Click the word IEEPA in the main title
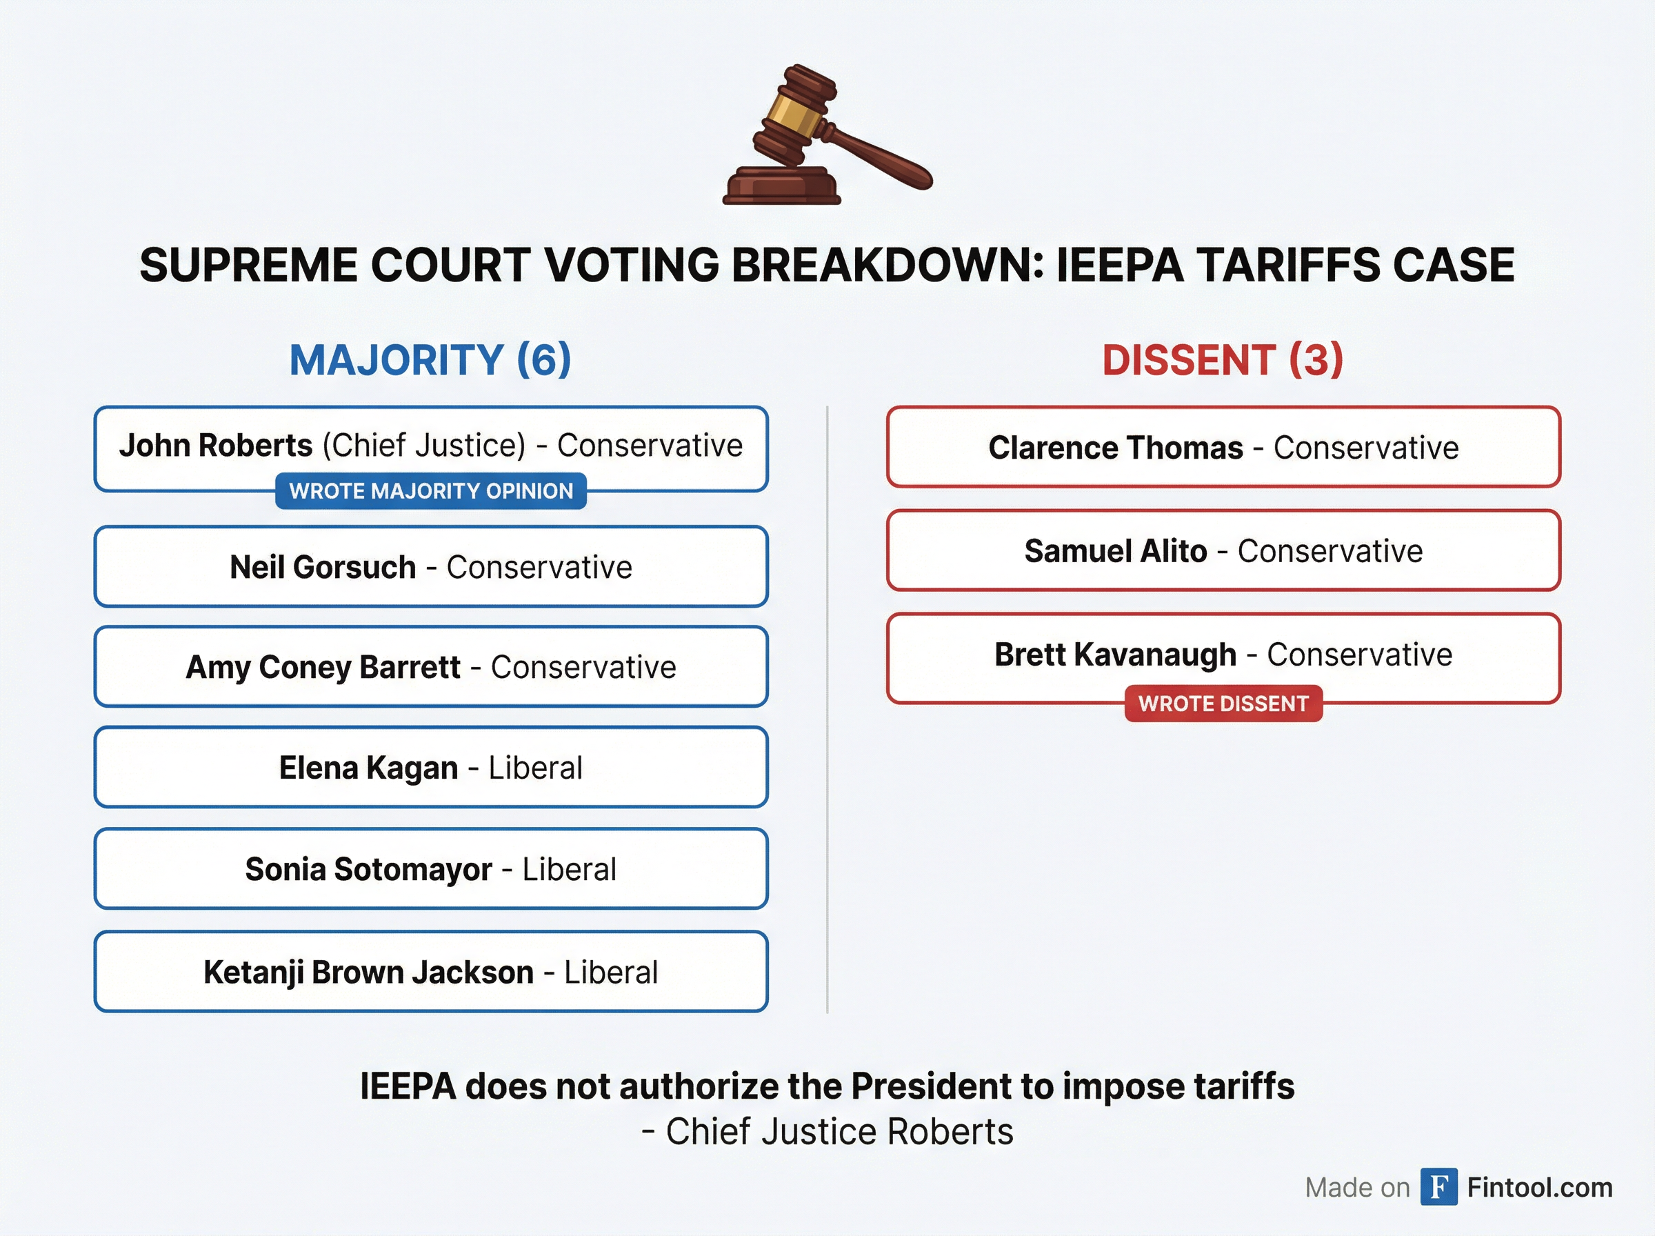(1119, 265)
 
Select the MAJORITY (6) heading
(430, 360)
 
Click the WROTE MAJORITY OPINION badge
(431, 491)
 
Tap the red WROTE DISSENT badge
(1223, 704)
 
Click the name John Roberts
(215, 445)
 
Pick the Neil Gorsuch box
(431, 566)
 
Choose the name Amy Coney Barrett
(323, 667)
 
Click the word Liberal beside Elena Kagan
(536, 768)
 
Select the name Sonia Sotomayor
(369, 868)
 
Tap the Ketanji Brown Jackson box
(431, 972)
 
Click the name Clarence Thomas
(1115, 448)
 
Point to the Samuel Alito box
(1223, 550)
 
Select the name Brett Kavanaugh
(1115, 654)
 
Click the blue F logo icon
(1438, 1187)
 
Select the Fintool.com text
(1539, 1187)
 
